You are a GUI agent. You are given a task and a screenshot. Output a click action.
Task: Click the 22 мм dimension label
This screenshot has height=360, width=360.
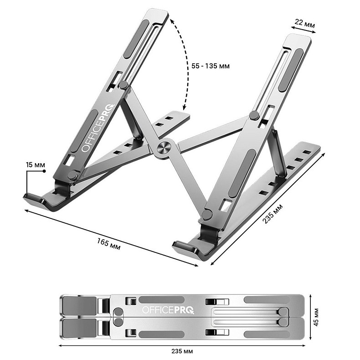305,23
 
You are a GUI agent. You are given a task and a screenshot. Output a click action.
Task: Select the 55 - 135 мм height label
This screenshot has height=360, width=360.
211,66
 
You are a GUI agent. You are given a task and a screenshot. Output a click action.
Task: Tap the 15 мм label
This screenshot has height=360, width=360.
36,165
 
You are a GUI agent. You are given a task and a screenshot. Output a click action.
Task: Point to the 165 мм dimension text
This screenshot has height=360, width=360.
108,244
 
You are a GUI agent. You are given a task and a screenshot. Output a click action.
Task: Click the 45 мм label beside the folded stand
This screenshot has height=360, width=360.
316,317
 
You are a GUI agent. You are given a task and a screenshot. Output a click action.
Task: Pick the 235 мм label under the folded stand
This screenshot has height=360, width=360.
182,351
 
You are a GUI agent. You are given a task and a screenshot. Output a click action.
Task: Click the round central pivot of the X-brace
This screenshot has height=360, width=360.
164,148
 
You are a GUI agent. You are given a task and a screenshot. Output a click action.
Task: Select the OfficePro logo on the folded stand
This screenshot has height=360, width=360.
168,310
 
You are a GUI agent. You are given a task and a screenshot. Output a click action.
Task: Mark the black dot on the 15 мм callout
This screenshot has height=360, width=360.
44,171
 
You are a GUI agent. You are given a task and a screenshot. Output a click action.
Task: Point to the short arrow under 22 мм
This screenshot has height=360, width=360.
303,30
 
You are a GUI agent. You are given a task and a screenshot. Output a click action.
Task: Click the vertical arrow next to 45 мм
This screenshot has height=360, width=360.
310,317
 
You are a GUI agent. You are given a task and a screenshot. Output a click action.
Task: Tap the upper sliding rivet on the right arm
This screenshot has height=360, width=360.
254,115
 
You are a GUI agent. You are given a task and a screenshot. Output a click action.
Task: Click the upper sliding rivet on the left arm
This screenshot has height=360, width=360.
123,85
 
